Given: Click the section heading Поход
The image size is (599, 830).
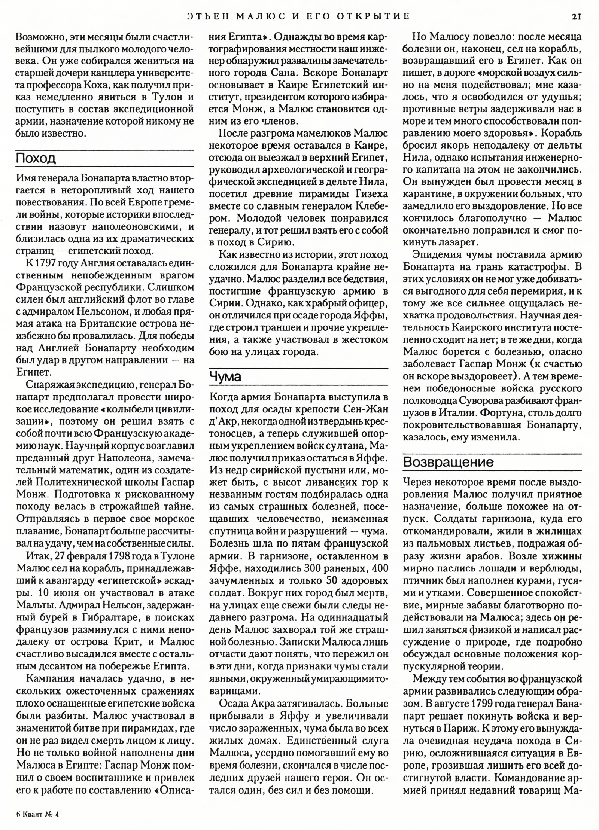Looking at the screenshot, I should point(36,158).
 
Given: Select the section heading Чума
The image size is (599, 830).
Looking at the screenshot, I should point(225,376).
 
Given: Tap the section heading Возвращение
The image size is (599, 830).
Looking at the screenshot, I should point(448,462).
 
